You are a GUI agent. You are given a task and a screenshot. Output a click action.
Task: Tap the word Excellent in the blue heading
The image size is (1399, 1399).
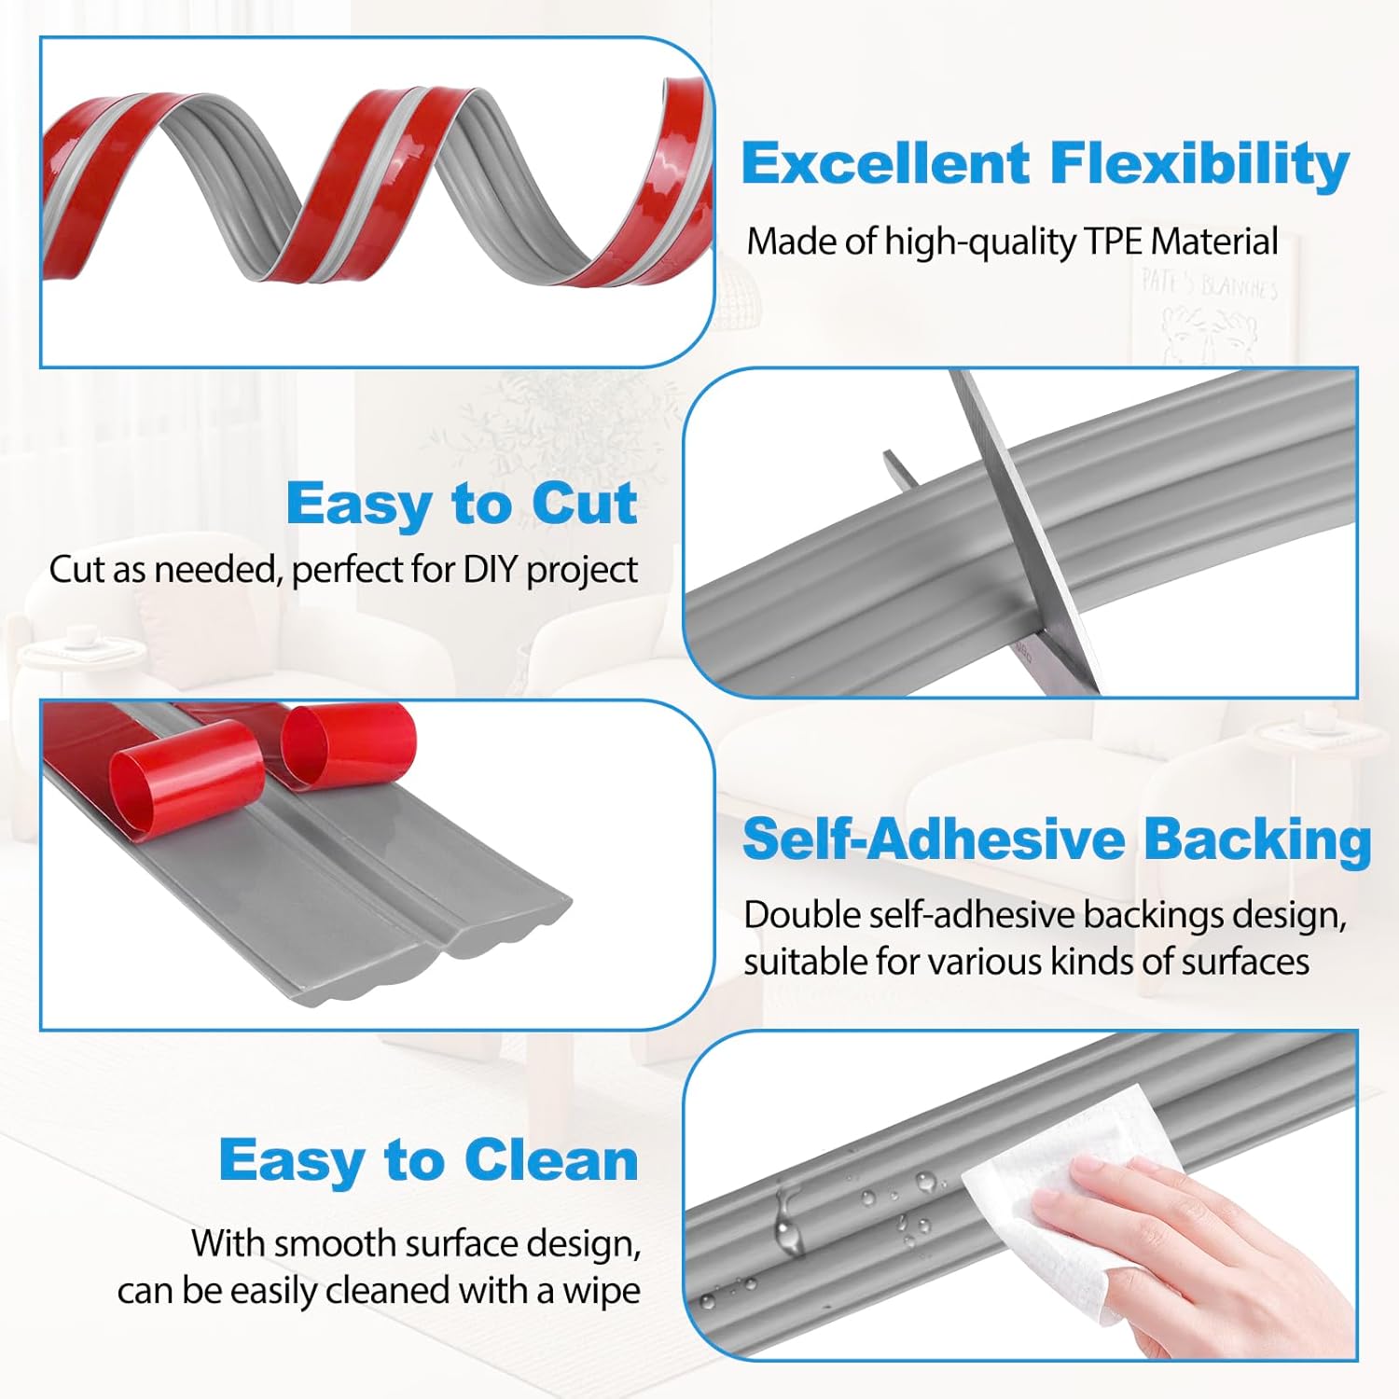(885, 164)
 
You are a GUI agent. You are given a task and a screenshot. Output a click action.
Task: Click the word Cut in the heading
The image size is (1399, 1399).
(585, 505)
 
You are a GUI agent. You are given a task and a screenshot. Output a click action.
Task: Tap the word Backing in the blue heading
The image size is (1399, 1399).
(1257, 839)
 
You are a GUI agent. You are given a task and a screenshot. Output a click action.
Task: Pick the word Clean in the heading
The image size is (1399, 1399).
(551, 1160)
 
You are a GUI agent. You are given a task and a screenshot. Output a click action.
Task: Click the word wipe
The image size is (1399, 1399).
(602, 1291)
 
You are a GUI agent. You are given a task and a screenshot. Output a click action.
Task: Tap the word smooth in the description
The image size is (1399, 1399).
(335, 1244)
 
